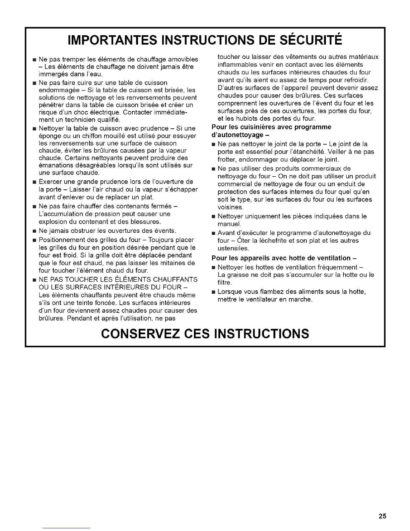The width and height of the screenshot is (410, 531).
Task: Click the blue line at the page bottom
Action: [67, 528]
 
